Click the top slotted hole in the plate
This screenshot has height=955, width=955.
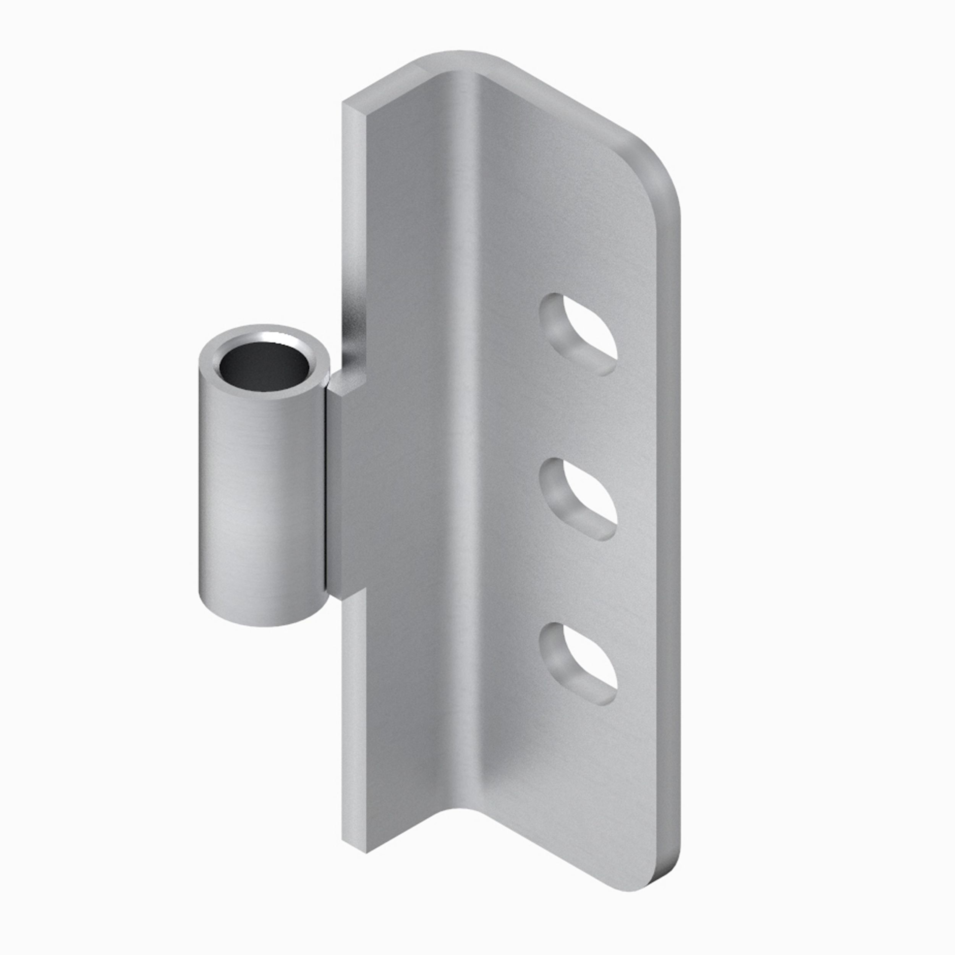click(x=578, y=333)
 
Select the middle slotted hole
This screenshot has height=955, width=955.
click(x=578, y=498)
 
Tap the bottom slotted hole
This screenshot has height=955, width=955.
click(x=578, y=662)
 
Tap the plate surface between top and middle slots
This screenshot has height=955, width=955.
click(x=578, y=418)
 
